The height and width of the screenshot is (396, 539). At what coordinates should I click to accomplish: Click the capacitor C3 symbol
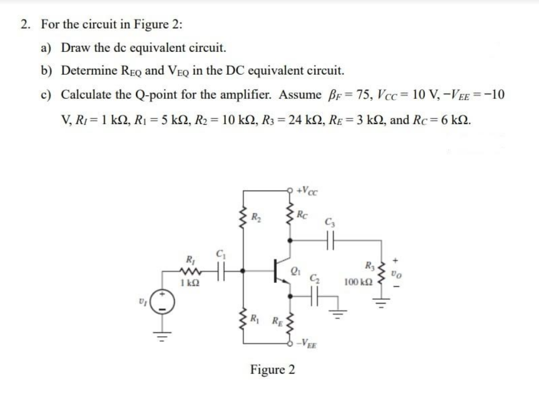330,240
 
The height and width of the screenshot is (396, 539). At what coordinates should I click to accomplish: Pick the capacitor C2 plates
314,296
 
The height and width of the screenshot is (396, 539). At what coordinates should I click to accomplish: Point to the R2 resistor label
256,217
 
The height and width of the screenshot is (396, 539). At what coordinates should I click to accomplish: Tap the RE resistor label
277,321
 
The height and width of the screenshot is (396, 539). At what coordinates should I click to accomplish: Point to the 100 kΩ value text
358,282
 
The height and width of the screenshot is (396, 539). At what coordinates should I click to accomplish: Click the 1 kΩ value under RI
190,283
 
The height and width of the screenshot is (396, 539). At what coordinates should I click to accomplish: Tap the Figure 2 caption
272,370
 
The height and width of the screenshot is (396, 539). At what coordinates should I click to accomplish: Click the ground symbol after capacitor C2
338,314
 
